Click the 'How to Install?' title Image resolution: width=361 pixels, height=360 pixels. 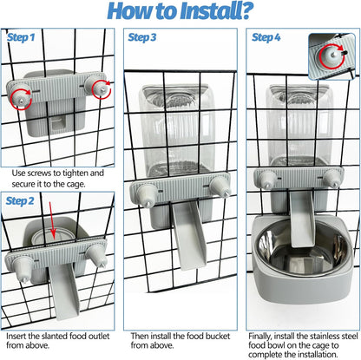pos(180,12)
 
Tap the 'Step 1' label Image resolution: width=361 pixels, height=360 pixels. pos(21,38)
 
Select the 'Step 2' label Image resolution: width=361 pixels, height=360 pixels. pos(21,200)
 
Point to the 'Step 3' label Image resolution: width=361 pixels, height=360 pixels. pos(142,38)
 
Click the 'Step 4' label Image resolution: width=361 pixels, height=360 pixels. pos(266,38)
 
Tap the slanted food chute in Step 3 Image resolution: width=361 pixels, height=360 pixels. pos(188,234)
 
